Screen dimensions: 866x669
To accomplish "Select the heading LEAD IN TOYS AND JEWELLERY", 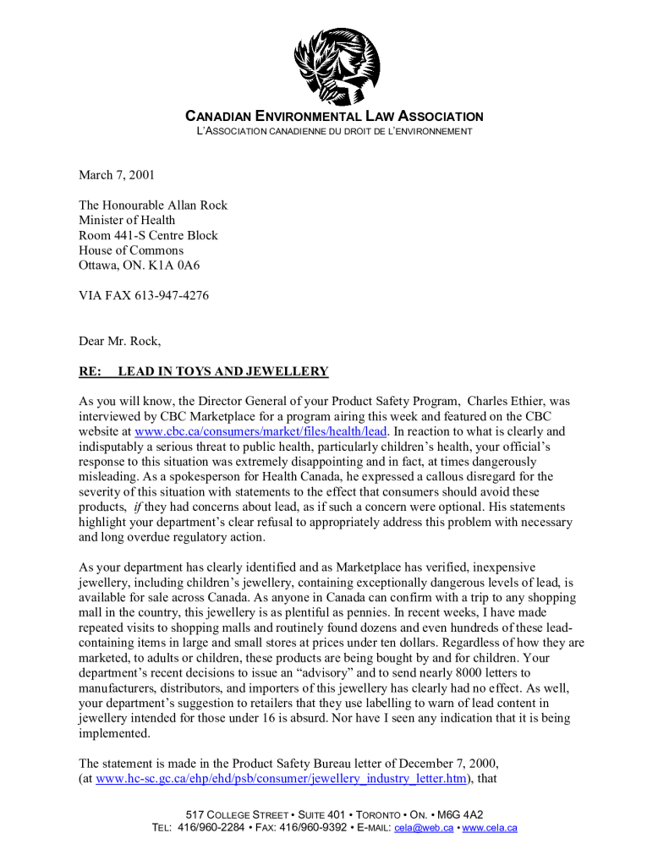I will [x=222, y=372].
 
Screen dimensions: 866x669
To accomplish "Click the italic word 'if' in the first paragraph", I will [x=138, y=507].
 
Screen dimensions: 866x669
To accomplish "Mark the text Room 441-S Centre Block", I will [x=148, y=235].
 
